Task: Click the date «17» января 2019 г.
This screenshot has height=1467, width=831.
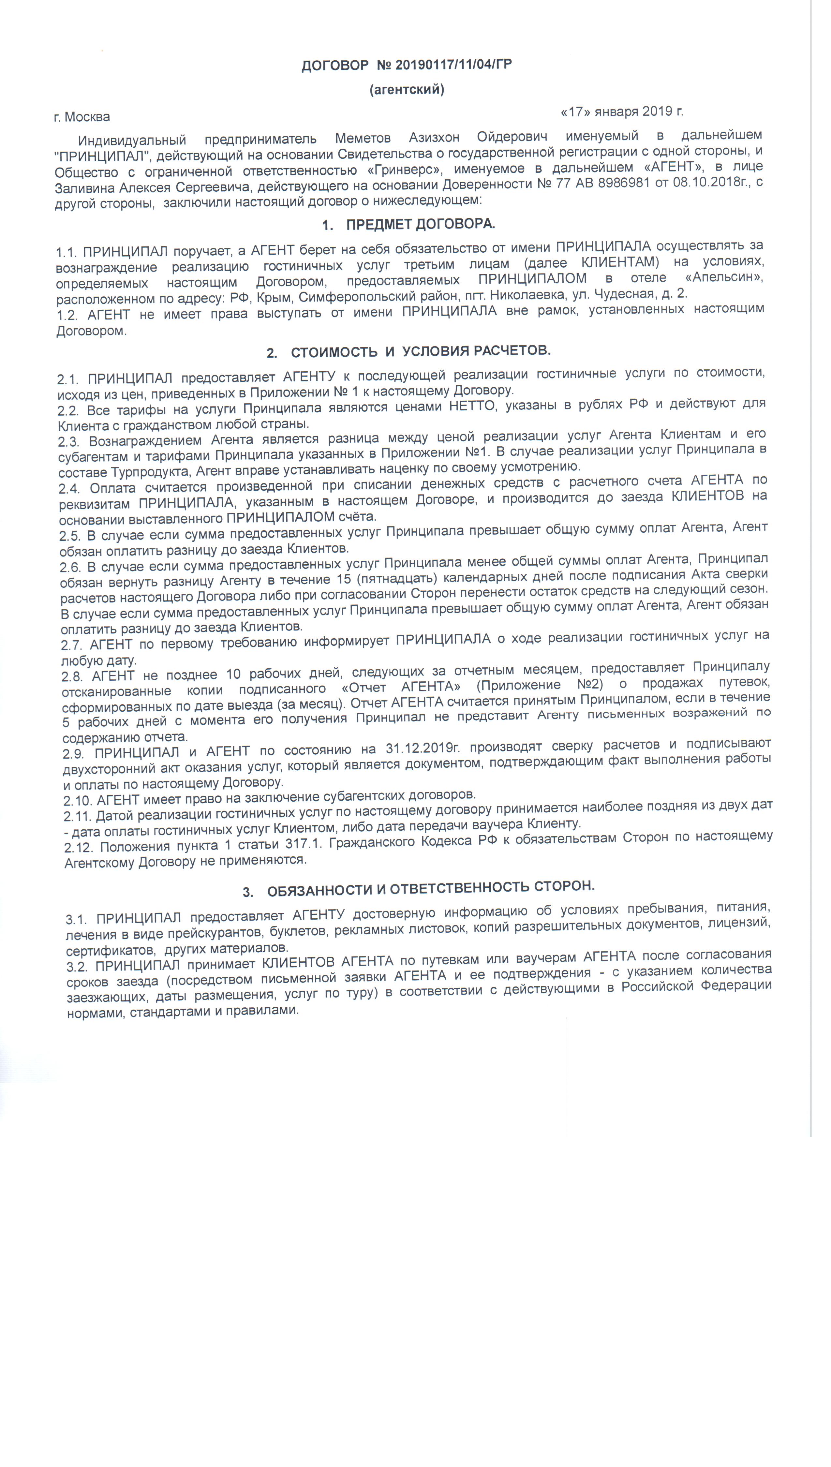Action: pos(622,111)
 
